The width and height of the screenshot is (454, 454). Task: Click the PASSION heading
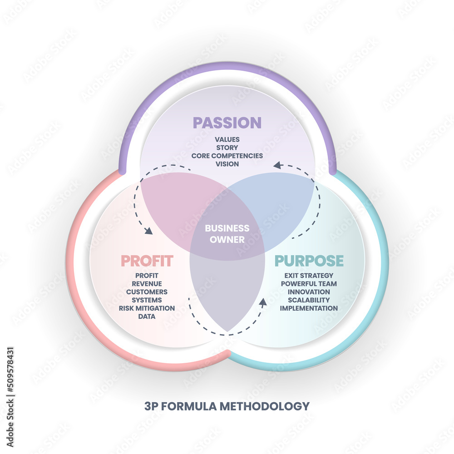[x=227, y=123]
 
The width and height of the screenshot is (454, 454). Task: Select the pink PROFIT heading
[x=147, y=261]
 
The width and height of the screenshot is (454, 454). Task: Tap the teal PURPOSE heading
[x=309, y=261]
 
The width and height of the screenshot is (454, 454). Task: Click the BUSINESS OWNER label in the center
[x=227, y=234]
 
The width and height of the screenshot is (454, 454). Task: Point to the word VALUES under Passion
[x=227, y=139]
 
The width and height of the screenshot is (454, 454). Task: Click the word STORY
[x=227, y=148]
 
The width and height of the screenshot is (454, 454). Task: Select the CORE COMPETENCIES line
[x=227, y=156]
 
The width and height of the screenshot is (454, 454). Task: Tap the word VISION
[x=227, y=164]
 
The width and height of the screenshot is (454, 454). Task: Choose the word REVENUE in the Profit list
[x=147, y=284]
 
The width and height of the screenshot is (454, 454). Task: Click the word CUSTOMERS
[x=147, y=292]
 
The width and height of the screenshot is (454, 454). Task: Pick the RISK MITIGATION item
[x=147, y=308]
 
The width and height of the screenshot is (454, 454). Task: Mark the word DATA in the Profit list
[x=147, y=316]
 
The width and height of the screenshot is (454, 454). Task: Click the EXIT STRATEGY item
[x=309, y=276]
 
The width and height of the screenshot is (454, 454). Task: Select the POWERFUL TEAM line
[x=309, y=284]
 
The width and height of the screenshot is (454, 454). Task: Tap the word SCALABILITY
[x=309, y=300]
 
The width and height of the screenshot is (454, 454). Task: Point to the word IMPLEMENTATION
[x=309, y=308]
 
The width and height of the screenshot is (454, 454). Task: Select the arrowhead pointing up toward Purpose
[x=262, y=301]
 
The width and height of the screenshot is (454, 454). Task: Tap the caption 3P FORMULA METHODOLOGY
[x=227, y=405]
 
